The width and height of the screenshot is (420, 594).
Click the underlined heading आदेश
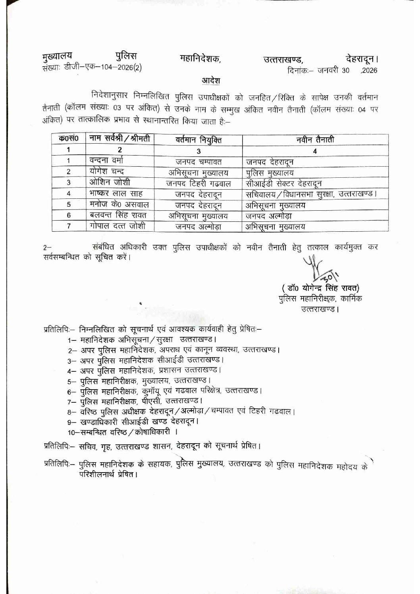pyautogui.click(x=211, y=81)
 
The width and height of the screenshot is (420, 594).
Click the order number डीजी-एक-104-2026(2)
pyautogui.click(x=103, y=67)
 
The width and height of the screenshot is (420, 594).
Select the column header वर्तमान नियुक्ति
pyautogui.click(x=198, y=140)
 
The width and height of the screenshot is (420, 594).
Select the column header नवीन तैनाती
pyautogui.click(x=315, y=140)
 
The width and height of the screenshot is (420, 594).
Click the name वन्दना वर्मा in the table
pyautogui.click(x=106, y=161)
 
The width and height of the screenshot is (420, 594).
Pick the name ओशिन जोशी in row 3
pyautogui.click(x=110, y=183)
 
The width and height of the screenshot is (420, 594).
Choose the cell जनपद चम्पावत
pyautogui.click(x=198, y=162)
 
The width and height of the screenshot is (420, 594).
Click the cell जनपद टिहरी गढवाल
pyautogui.click(x=198, y=183)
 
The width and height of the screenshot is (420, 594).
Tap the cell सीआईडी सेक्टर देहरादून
pyautogui.click(x=283, y=183)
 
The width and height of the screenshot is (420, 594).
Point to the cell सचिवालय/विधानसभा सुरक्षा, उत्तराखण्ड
pyautogui.click(x=310, y=194)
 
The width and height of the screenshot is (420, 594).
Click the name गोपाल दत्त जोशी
pyautogui.click(x=117, y=226)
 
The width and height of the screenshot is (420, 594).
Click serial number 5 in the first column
pyautogui.click(x=69, y=205)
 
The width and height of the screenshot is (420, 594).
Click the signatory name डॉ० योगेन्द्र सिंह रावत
pyautogui.click(x=320, y=288)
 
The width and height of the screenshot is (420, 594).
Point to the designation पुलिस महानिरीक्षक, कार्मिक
pyautogui.click(x=320, y=299)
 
